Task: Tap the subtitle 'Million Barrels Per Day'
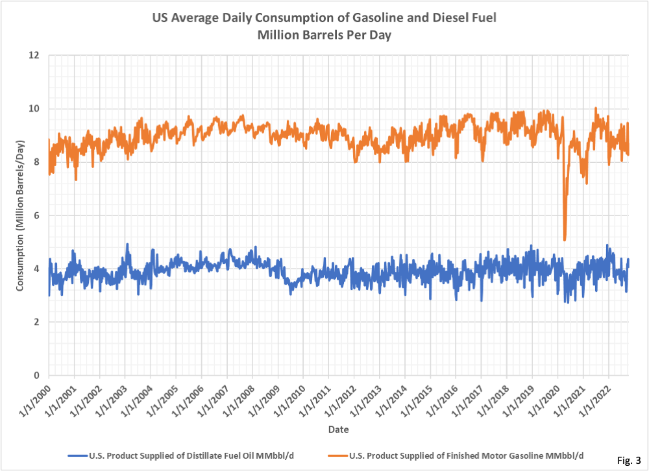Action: (324, 35)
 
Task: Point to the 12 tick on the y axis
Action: (36, 55)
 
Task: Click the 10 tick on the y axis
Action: (36, 108)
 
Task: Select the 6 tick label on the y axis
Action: (38, 215)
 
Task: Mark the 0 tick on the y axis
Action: (38, 375)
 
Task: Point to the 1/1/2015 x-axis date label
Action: (415, 398)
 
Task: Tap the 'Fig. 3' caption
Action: (627, 460)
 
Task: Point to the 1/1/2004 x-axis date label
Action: (136, 398)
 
